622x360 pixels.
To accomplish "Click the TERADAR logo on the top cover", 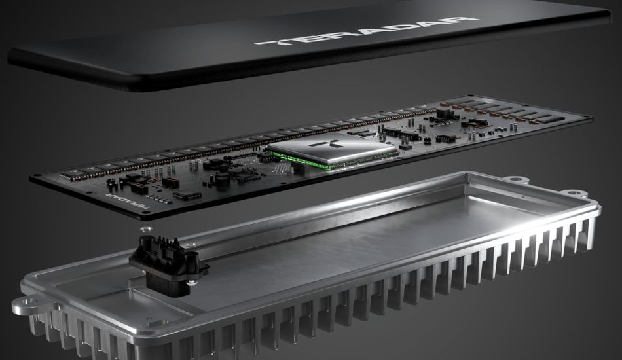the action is tap(366, 31).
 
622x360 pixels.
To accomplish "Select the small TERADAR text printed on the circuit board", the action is tap(128, 200).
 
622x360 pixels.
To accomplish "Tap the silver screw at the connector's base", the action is tap(192, 283).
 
